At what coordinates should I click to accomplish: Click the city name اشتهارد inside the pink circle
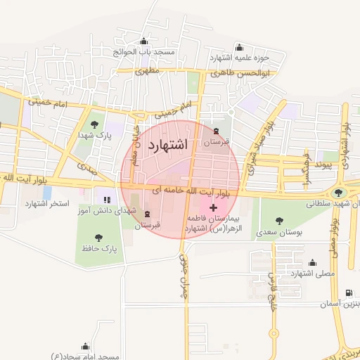click(166, 145)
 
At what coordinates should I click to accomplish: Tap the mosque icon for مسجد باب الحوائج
click(144, 41)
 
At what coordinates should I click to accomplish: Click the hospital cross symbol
click(213, 208)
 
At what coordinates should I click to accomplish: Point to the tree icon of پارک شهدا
click(94, 124)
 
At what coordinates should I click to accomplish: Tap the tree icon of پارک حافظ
click(98, 238)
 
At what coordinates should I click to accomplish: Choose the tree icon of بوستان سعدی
click(281, 221)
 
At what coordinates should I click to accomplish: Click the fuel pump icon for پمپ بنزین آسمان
click(349, 294)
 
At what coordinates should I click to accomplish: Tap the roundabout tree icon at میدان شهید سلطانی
click(339, 192)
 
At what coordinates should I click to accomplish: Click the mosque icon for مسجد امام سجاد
click(85, 346)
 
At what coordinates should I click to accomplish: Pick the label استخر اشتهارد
click(48, 203)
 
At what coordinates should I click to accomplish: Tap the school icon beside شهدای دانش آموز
click(107, 201)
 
